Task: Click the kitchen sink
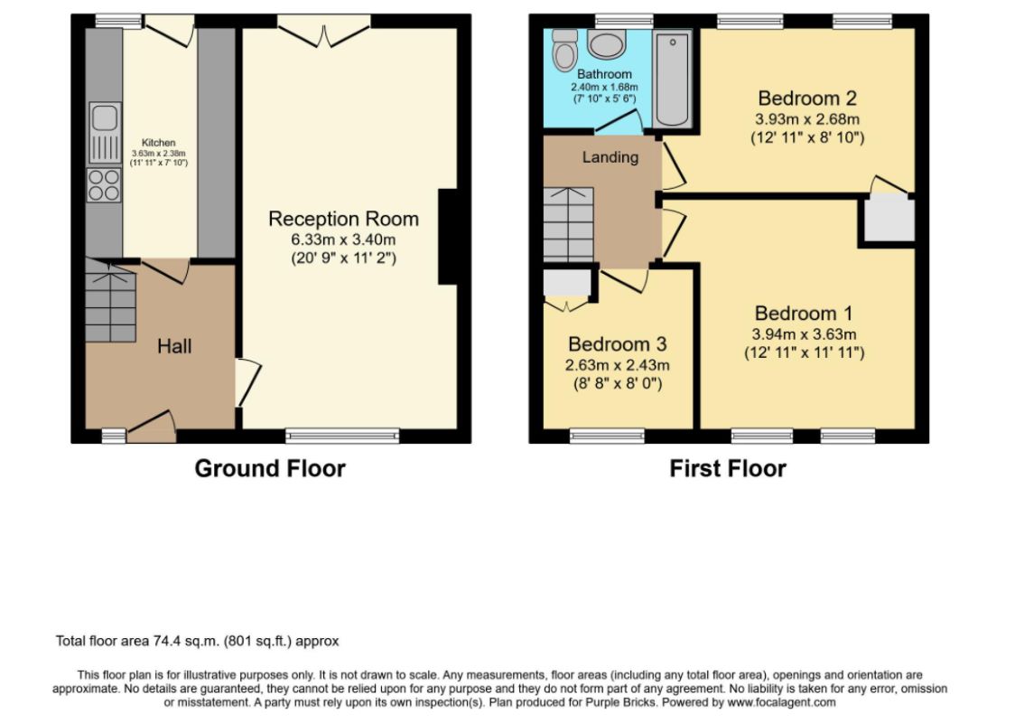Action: click(x=104, y=133)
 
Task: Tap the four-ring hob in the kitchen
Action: click(x=104, y=184)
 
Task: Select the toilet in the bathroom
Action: click(x=565, y=49)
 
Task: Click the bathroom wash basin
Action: click(x=607, y=44)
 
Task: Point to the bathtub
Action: click(x=673, y=79)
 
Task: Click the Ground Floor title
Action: click(x=270, y=468)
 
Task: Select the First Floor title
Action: click(x=728, y=468)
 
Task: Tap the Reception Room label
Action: click(x=344, y=219)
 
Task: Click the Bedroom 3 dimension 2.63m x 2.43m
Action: click(x=618, y=365)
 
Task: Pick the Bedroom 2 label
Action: click(x=807, y=99)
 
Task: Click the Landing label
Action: click(x=610, y=157)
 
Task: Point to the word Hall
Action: click(x=174, y=346)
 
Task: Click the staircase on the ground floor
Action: click(x=110, y=301)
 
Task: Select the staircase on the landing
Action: click(x=568, y=224)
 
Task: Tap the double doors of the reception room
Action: click(x=323, y=31)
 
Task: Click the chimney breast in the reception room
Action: click(x=448, y=237)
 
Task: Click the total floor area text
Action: click(x=198, y=642)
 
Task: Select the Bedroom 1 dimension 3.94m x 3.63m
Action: click(x=804, y=334)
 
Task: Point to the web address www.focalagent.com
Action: click(x=781, y=702)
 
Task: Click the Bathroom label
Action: click(x=605, y=74)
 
